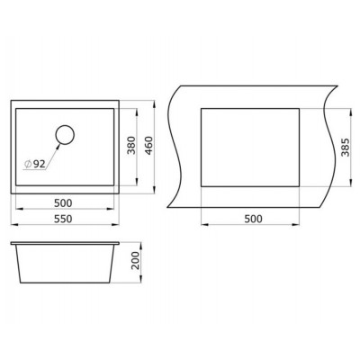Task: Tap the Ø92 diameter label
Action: pos(35,164)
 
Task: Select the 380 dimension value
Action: pos(131,145)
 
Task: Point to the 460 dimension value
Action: pos(148,146)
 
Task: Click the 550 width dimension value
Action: pos(63,219)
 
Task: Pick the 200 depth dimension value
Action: pos(136,260)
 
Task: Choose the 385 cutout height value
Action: pos(346,148)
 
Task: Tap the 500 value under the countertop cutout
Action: pos(253,219)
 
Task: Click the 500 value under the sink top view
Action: pos(63,203)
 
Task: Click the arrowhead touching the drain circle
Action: pos(58,147)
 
